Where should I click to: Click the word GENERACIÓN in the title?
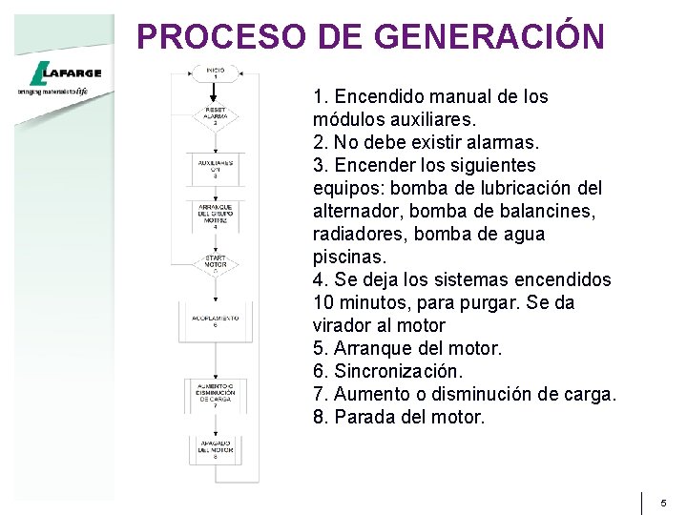coord(490,36)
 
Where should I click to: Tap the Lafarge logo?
coord(60,75)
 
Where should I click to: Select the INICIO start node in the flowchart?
coord(216,73)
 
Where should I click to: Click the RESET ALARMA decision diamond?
coord(216,116)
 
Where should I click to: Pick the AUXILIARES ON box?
coord(216,169)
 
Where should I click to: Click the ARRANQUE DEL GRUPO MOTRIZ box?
coord(216,216)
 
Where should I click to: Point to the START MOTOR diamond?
coord(216,263)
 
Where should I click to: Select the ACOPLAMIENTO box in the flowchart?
coord(216,320)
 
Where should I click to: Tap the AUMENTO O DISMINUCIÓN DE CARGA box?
coord(216,395)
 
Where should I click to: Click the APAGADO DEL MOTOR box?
coord(216,449)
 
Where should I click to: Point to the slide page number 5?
coord(663,502)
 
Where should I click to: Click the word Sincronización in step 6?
coord(399,371)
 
